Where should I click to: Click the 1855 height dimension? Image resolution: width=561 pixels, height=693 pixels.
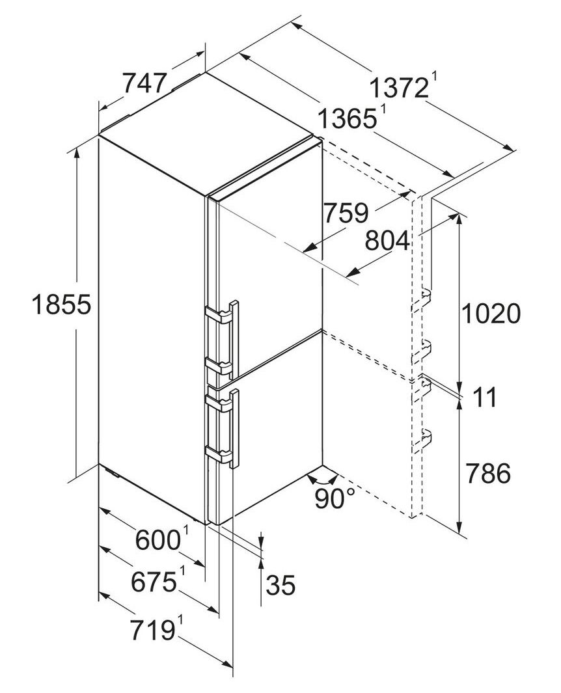tap(61, 305)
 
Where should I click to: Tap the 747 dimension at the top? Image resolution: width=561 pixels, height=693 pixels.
tap(144, 83)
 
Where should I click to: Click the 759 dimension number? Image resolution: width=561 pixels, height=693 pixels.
tap(346, 213)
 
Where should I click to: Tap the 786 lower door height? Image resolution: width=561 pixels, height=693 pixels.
tap(488, 473)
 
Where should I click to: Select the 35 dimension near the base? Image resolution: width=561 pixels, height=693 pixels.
tap(280, 586)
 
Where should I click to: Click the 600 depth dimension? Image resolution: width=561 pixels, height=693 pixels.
tap(157, 539)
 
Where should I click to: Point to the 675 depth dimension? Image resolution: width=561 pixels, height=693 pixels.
tap(154, 582)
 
